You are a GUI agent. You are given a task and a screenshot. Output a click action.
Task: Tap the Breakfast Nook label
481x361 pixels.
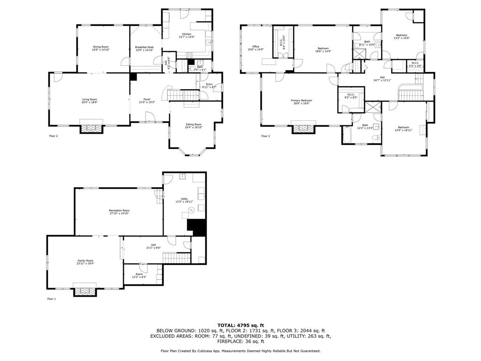(x=144, y=47)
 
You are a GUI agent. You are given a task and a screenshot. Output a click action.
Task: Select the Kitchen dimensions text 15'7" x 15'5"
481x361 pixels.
(x=186, y=37)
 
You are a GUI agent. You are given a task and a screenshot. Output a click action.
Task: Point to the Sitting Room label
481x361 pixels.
(x=193, y=125)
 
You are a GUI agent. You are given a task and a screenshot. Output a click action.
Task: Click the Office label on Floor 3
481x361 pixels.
(x=256, y=47)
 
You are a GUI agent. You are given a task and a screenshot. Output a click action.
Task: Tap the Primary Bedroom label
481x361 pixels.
(x=301, y=100)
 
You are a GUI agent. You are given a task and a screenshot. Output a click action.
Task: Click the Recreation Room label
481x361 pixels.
(x=119, y=210)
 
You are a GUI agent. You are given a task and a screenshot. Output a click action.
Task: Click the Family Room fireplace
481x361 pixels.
(x=85, y=290)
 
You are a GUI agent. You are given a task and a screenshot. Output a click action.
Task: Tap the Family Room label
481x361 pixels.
(x=85, y=260)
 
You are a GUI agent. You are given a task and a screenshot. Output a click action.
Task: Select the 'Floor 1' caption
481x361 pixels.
(x=51, y=298)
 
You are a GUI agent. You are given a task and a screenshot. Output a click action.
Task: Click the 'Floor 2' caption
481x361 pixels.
(x=54, y=136)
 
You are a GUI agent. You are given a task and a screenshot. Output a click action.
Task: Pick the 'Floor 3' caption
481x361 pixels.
(x=266, y=136)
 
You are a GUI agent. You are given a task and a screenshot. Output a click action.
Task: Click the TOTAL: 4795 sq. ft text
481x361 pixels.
(x=240, y=325)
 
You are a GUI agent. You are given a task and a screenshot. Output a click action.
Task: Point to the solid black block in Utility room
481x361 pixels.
(x=197, y=228)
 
